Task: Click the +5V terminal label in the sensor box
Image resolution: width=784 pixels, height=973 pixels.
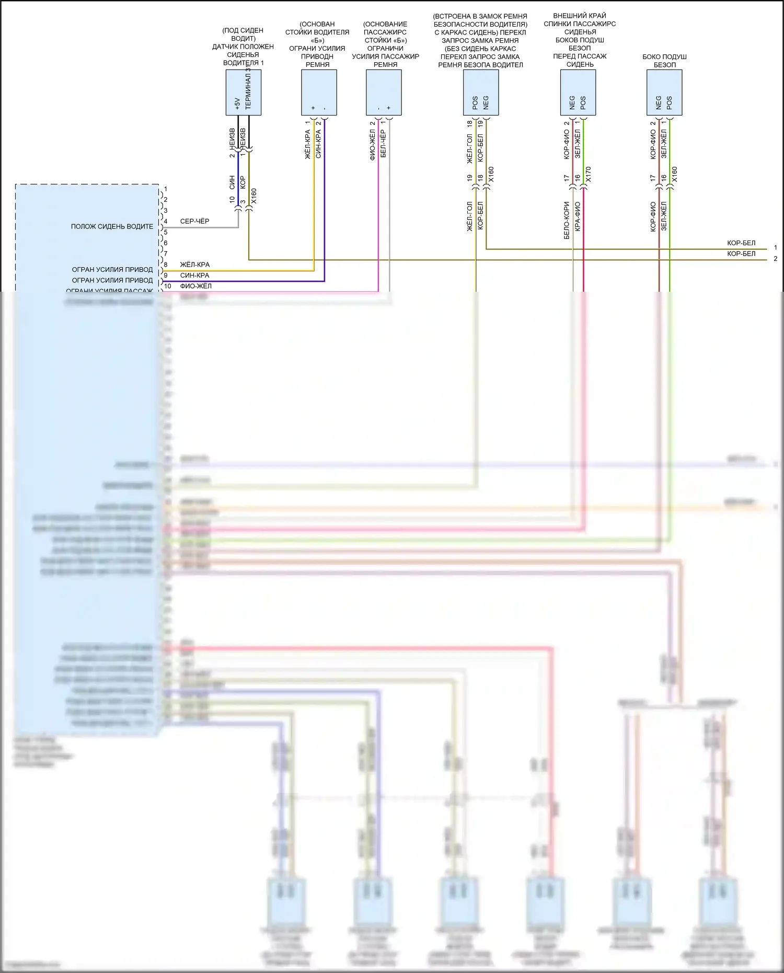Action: [x=237, y=104]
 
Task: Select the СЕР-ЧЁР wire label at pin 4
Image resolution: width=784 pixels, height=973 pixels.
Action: [x=194, y=221]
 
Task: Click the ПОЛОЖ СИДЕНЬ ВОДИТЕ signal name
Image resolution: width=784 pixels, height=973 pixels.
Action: [x=112, y=226]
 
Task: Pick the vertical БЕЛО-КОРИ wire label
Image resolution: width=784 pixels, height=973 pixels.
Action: [x=567, y=221]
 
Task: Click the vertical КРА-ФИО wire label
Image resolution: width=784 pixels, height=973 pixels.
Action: [x=578, y=216]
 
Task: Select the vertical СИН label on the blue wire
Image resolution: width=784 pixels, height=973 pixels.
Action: [x=232, y=182]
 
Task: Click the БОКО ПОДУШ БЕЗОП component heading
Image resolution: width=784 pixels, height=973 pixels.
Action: [x=664, y=61]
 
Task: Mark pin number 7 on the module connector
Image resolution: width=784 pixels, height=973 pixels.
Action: [x=166, y=254]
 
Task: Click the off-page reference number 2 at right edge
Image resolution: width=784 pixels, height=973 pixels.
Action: [x=775, y=259]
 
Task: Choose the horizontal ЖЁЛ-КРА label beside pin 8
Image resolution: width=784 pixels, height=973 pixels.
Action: [x=194, y=265]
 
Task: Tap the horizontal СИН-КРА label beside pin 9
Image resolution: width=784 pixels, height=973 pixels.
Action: [x=194, y=275]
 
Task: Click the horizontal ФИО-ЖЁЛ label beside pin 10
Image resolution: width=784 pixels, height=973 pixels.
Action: [x=195, y=286]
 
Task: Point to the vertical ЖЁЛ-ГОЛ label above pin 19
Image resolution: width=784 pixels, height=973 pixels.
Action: [x=469, y=148]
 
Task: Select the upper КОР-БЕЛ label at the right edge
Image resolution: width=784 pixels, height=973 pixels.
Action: [x=741, y=243]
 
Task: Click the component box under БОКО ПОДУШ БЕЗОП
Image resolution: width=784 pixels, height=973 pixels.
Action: [x=664, y=93]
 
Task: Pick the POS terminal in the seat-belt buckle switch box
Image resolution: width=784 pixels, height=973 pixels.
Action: [x=475, y=102]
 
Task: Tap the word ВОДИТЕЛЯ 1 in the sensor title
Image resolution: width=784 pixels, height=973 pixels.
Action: [x=243, y=63]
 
